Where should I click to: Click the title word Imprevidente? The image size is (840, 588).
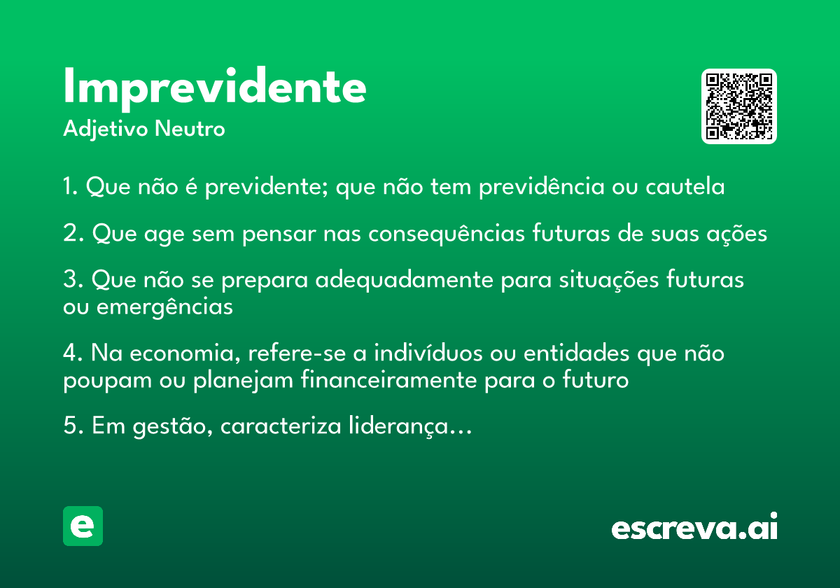(214, 88)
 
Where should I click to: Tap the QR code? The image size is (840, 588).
(738, 106)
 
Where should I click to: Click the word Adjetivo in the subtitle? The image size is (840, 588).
(106, 129)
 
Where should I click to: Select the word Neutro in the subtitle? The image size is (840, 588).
(190, 128)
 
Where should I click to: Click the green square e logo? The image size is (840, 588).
(83, 526)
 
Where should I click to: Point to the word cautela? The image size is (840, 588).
(685, 186)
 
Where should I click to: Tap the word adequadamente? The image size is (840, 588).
(404, 280)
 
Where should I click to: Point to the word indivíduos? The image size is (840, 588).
(428, 353)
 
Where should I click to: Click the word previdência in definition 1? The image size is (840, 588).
(542, 186)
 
